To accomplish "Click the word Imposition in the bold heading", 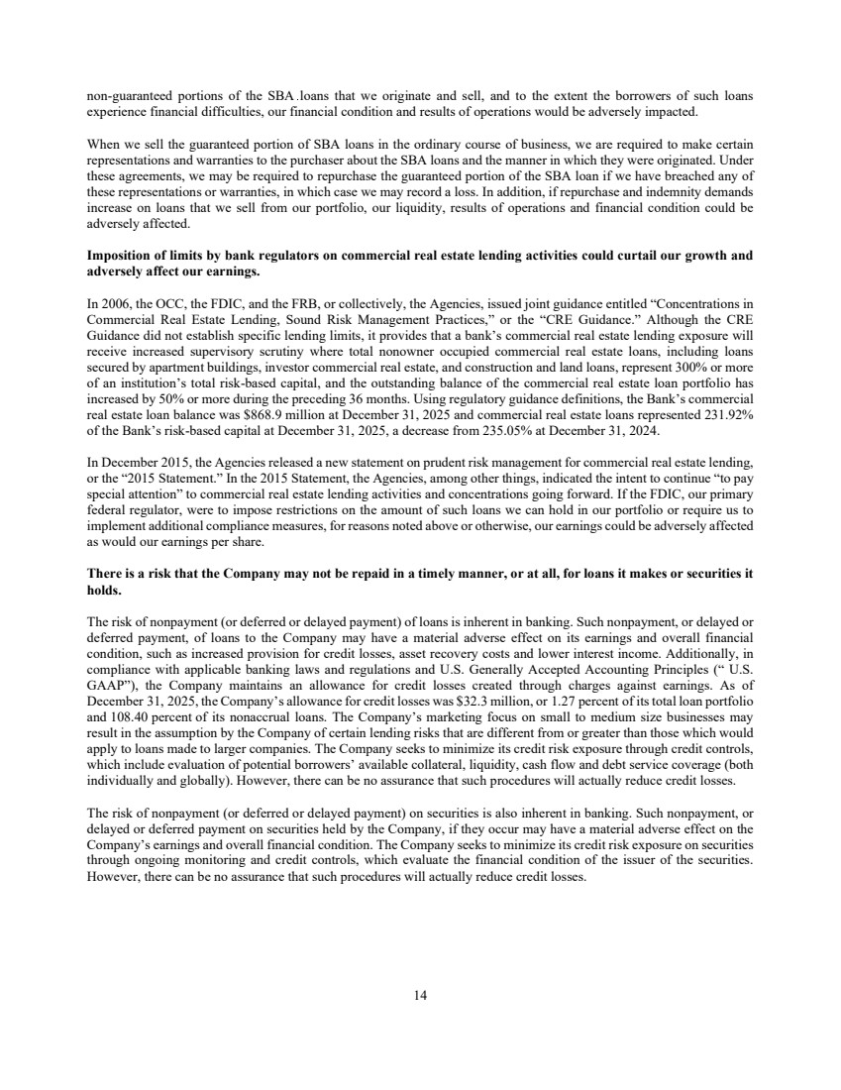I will (x=124, y=256).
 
